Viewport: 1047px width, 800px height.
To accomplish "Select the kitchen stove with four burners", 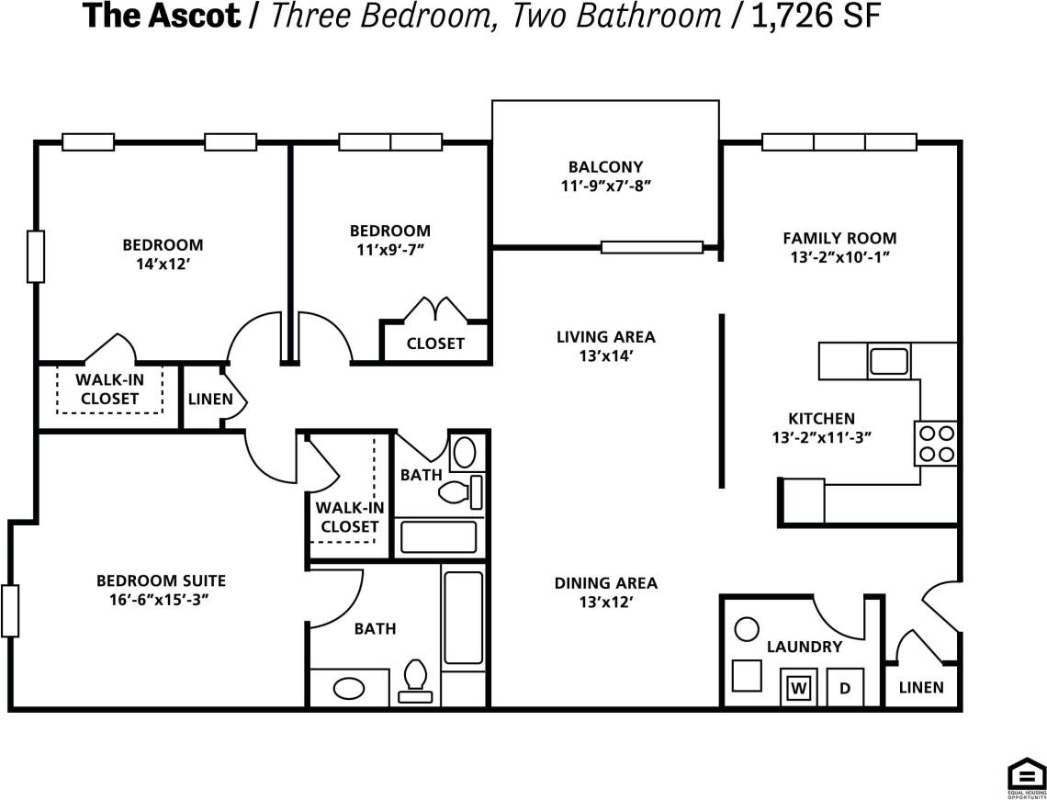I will [936, 443].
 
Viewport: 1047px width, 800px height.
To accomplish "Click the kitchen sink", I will [889, 360].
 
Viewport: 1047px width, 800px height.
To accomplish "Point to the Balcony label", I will [605, 167].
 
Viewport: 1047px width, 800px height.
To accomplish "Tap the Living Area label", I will [605, 336].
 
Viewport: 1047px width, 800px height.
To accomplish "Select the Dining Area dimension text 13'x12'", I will [605, 603].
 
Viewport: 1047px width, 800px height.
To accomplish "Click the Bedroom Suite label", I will [161, 580].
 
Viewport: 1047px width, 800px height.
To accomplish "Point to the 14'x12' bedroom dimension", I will [163, 264].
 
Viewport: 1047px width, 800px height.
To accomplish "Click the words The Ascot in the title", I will [161, 17].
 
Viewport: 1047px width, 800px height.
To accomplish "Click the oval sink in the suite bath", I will [348, 688].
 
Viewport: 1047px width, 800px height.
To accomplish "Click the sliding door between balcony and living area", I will [652, 246].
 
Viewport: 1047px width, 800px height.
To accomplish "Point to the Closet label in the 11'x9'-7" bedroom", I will [435, 344].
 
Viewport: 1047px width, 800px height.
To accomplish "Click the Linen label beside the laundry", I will [920, 687].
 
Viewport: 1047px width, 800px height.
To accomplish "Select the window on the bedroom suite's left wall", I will [10, 611].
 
